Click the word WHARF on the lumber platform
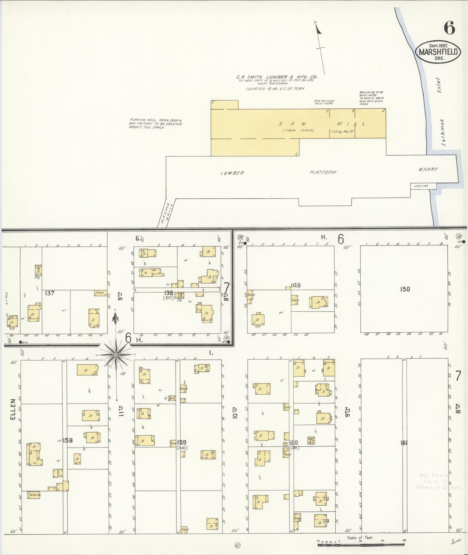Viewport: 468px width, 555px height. click(x=428, y=169)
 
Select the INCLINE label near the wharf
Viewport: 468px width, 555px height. click(x=421, y=186)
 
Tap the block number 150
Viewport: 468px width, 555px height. click(x=405, y=289)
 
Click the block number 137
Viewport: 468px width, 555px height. click(x=50, y=293)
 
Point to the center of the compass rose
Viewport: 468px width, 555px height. click(x=116, y=355)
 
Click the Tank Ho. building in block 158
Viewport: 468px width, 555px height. click(x=34, y=496)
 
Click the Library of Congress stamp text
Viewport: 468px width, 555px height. click(x=438, y=487)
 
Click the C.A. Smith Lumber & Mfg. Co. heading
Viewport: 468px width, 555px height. click(x=276, y=77)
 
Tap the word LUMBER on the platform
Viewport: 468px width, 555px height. click(x=232, y=173)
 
